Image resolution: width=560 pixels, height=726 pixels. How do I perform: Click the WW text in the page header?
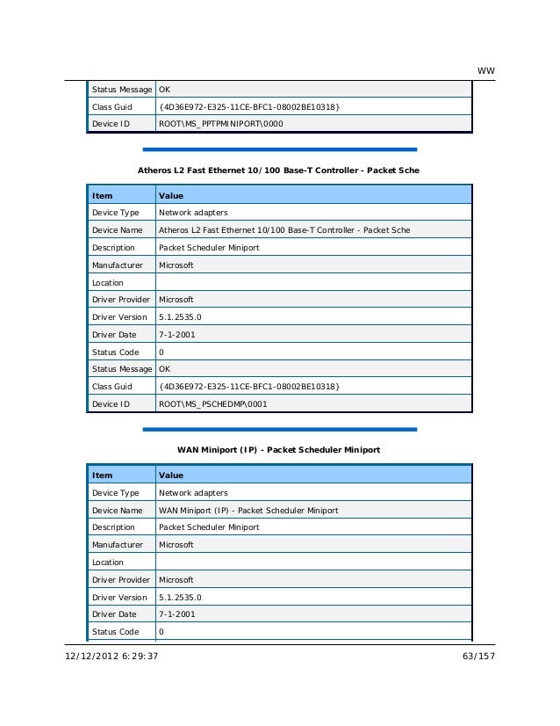point(484,70)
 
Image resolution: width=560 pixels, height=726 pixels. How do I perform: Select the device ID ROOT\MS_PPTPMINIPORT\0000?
point(220,124)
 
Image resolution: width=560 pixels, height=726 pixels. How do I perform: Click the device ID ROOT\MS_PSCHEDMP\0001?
point(212,404)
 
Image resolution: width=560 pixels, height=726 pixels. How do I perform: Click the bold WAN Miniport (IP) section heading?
point(279,450)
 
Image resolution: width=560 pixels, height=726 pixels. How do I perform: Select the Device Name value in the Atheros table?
point(284,230)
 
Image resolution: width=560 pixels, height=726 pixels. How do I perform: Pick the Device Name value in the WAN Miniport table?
point(248,510)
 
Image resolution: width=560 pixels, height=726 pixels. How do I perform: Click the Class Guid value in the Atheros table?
point(248,387)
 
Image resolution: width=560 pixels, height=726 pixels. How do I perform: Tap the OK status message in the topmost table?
point(164,90)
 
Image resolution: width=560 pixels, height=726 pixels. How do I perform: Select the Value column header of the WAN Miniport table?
point(171,476)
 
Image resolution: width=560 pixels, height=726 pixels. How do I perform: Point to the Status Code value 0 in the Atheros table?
point(161,352)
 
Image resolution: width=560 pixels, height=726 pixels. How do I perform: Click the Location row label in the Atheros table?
point(108,283)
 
